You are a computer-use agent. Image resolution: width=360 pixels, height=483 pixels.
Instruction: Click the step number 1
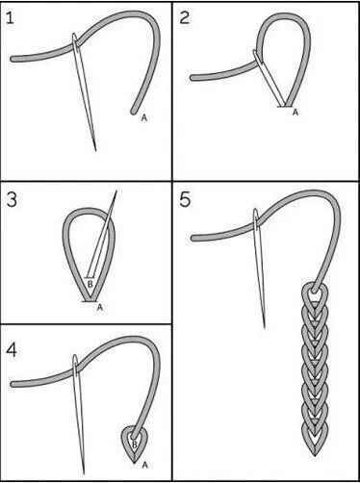tap(10, 18)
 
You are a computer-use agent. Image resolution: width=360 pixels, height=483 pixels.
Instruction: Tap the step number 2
tap(185, 18)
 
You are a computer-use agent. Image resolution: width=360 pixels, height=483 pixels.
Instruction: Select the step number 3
tap(12, 200)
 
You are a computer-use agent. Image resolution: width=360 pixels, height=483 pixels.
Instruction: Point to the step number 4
tap(12, 350)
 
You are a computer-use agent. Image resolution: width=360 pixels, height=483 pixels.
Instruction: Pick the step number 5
tap(185, 200)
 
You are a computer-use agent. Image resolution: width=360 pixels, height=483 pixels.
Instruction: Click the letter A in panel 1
tap(144, 118)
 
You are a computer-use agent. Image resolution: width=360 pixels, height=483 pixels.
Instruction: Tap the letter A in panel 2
tap(296, 113)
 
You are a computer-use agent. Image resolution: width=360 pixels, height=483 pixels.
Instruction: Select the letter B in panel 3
tap(90, 284)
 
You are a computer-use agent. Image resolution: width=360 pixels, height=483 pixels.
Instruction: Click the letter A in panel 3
tap(100, 307)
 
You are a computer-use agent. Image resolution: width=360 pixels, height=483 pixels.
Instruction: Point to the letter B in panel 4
tap(135, 445)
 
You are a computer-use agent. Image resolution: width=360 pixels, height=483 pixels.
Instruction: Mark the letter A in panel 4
tap(144, 465)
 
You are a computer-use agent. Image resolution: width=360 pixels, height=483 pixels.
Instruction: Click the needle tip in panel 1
tap(95, 150)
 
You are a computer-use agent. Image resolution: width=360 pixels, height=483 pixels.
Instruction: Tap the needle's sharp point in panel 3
tap(116, 191)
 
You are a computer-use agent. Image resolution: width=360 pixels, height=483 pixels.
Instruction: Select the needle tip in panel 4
tap(84, 473)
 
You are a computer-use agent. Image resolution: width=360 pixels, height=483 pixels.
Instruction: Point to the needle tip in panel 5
tap(264, 327)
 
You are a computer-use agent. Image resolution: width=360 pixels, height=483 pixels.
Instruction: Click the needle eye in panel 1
tap(75, 41)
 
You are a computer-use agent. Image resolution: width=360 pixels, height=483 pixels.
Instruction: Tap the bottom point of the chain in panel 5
tap(315, 455)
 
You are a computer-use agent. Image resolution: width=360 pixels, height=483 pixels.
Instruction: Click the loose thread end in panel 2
tap(193, 78)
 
